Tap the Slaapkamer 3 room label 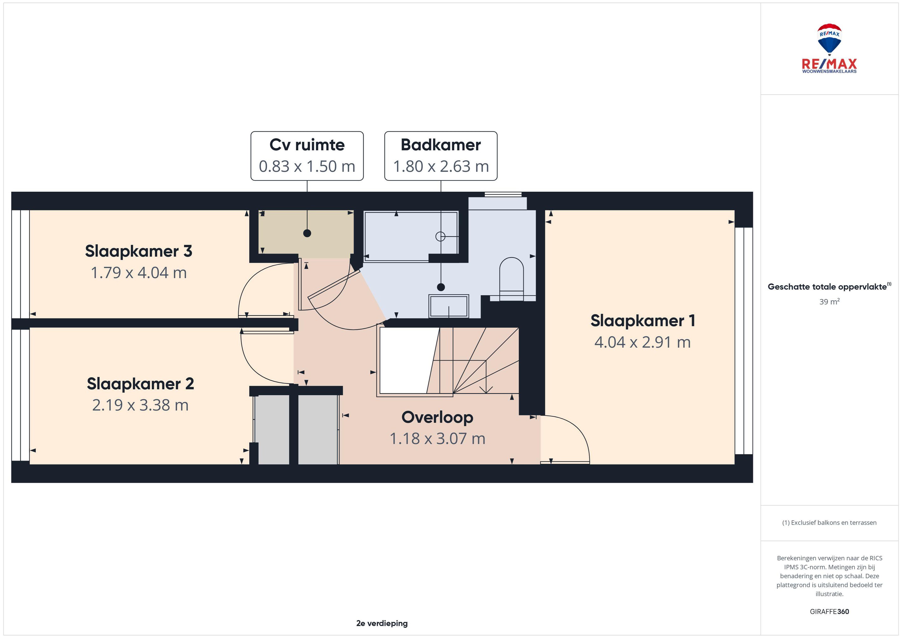pyautogui.click(x=139, y=251)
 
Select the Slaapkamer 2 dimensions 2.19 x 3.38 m pyautogui.click(x=140, y=405)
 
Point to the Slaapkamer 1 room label pyautogui.click(x=643, y=321)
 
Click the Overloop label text pyautogui.click(x=437, y=417)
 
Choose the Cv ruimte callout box pyautogui.click(x=307, y=156)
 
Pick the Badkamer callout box pyautogui.click(x=441, y=156)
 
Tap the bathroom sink pyautogui.click(x=448, y=306)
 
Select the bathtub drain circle pyautogui.click(x=440, y=236)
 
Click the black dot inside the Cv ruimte pyautogui.click(x=307, y=233)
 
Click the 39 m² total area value pyautogui.click(x=829, y=301)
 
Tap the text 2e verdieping pyautogui.click(x=382, y=623)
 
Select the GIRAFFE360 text pyautogui.click(x=829, y=611)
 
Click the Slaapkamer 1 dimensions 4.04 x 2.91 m pyautogui.click(x=642, y=342)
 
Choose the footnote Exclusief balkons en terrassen pyautogui.click(x=829, y=522)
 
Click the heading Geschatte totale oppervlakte pyautogui.click(x=829, y=287)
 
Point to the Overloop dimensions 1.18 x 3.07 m pyautogui.click(x=437, y=439)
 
